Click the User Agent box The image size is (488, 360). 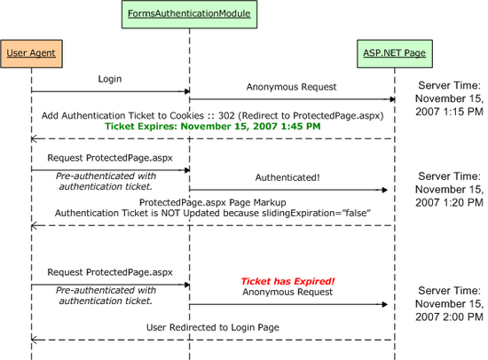(x=31, y=53)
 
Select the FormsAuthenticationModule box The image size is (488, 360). (x=189, y=14)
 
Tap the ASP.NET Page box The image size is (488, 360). (x=394, y=53)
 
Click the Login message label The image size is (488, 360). (x=110, y=79)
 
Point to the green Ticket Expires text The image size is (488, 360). (x=213, y=127)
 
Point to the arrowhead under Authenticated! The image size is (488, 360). (x=385, y=190)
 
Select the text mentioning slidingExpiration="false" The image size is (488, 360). (x=212, y=213)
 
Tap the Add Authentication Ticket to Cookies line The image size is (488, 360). (x=212, y=115)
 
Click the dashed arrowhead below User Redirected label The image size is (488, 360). (x=35, y=340)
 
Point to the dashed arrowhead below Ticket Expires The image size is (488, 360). (x=35, y=138)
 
